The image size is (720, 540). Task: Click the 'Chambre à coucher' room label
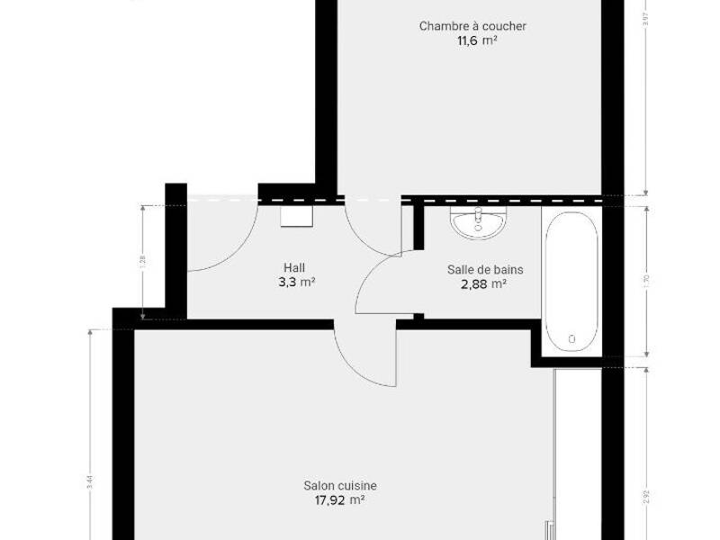click(472, 26)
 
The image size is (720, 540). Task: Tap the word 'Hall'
click(294, 267)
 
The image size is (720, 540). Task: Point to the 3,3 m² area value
click(296, 282)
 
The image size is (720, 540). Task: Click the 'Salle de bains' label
click(485, 269)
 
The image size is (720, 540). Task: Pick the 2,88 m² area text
click(485, 284)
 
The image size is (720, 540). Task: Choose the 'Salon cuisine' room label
click(340, 486)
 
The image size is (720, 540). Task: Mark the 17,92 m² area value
click(340, 500)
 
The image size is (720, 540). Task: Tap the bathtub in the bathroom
click(571, 279)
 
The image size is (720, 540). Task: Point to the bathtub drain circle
click(571, 339)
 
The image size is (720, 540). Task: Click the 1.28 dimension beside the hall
click(142, 261)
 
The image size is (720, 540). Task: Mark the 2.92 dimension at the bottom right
click(649, 497)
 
